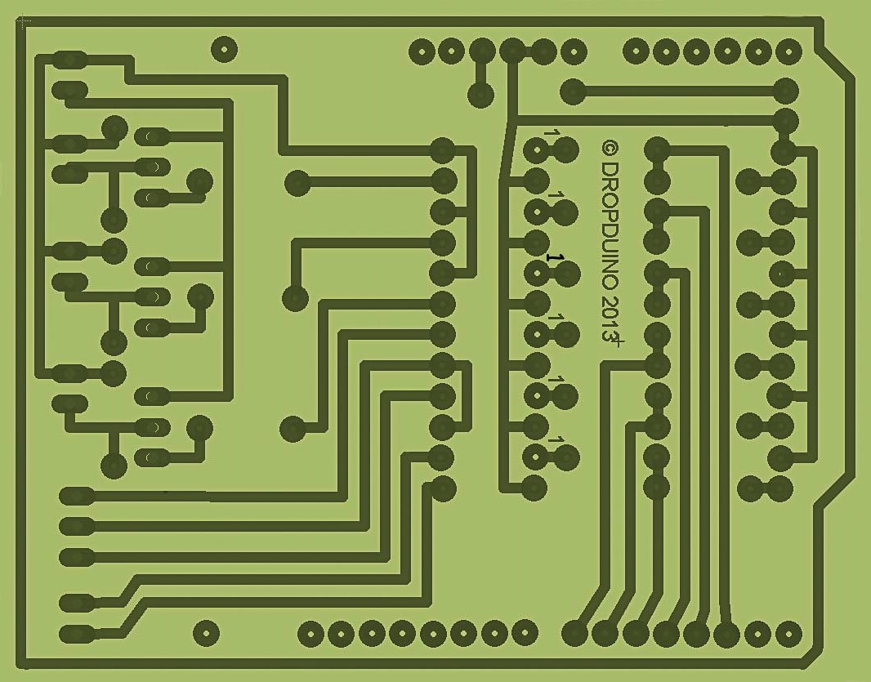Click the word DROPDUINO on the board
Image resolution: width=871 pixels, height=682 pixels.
[x=610, y=225]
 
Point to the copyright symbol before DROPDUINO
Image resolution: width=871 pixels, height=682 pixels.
[x=610, y=148]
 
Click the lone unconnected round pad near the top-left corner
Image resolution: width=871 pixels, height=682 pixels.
[x=225, y=50]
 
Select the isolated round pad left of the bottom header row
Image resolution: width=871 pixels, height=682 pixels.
[x=206, y=633]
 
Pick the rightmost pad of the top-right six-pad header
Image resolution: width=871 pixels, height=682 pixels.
[x=788, y=51]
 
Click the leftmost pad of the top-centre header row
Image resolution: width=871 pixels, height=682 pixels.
[x=422, y=52]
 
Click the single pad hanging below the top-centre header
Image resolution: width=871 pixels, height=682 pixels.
[x=481, y=96]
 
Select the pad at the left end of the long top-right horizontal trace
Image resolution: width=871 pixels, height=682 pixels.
[x=574, y=91]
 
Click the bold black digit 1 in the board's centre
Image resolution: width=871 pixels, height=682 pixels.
[x=555, y=257]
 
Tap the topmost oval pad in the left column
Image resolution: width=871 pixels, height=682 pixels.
[x=69, y=60]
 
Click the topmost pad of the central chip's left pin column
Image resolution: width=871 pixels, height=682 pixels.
[x=443, y=150]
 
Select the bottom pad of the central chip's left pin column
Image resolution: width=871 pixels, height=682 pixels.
[x=443, y=488]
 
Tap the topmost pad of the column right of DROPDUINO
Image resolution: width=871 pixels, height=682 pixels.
[x=657, y=149]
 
